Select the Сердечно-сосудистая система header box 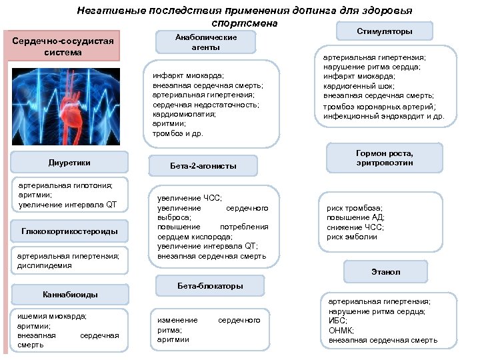64,47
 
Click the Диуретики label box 69,162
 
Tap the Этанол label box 391,271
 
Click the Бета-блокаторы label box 210,286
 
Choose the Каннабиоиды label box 70,293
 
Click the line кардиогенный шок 355,86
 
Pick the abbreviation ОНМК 341,331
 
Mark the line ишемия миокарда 52,316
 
